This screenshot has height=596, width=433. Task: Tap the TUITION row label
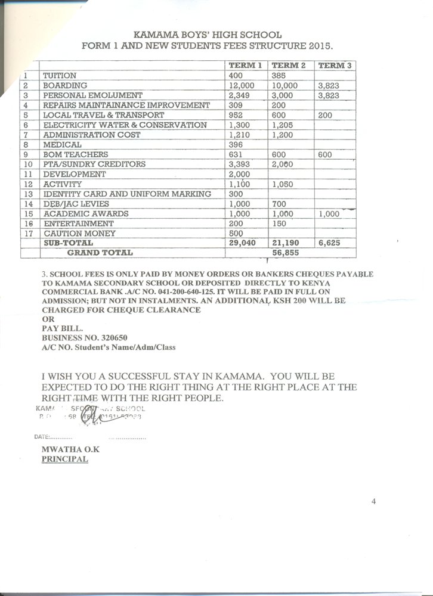pyautogui.click(x=60, y=76)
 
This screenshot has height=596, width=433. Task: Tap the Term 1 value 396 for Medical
pyautogui.click(x=236, y=145)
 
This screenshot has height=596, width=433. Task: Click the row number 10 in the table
pyautogui.click(x=27, y=164)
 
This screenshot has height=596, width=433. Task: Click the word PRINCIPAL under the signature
pyautogui.click(x=64, y=460)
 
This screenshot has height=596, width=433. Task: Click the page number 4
pyautogui.click(x=373, y=502)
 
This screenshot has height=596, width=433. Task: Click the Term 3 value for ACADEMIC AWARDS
pyautogui.click(x=329, y=214)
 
